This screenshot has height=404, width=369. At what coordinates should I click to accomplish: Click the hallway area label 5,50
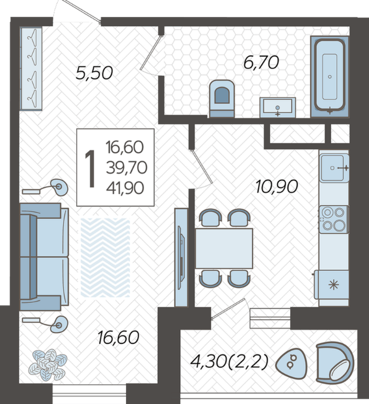tap(94, 73)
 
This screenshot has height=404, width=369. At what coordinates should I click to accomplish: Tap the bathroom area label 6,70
tap(261, 62)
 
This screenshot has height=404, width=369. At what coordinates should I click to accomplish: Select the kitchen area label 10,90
tap(277, 186)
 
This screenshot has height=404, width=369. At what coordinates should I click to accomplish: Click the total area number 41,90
tap(125, 188)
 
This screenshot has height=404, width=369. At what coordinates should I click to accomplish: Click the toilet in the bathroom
tap(222, 99)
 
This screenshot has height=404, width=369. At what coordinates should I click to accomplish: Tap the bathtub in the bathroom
tap(330, 76)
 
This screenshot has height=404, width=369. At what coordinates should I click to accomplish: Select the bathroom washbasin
tap(277, 107)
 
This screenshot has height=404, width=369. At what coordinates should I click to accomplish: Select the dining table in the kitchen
tap(224, 249)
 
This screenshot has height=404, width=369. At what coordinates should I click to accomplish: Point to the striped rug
tap(105, 257)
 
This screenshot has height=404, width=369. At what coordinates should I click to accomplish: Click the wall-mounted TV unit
tap(181, 257)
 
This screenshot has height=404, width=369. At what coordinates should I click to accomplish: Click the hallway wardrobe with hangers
tap(31, 69)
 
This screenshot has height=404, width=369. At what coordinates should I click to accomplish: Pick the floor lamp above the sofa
tap(46, 188)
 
